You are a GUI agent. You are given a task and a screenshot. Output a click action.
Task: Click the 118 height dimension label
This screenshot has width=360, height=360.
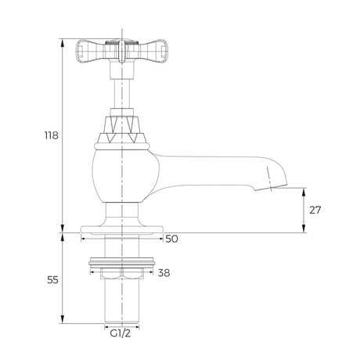[52, 135]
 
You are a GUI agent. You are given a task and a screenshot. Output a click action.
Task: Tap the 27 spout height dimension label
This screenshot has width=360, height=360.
[315, 210]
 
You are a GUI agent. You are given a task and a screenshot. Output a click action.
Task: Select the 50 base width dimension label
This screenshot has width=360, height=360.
[172, 239]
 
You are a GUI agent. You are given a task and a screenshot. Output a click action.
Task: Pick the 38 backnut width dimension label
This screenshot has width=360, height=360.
[164, 273]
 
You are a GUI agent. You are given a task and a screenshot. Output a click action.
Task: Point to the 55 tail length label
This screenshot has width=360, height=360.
[52, 280]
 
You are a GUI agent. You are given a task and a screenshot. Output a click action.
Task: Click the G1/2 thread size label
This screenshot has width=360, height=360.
[121, 333]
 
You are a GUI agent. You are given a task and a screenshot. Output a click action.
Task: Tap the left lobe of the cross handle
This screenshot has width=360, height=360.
[91, 52]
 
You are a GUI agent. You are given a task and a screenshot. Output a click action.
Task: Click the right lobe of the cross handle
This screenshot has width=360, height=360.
[153, 52]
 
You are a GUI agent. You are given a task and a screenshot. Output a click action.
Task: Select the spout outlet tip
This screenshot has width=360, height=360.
[272, 189]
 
